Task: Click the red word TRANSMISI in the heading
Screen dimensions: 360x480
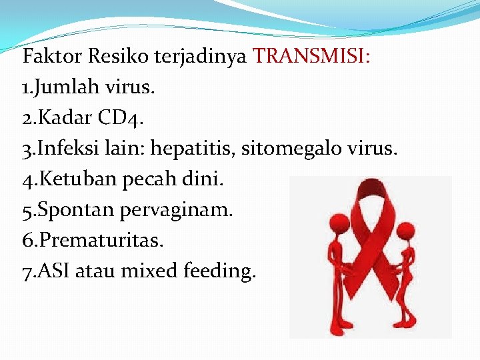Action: (x=312, y=56)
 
